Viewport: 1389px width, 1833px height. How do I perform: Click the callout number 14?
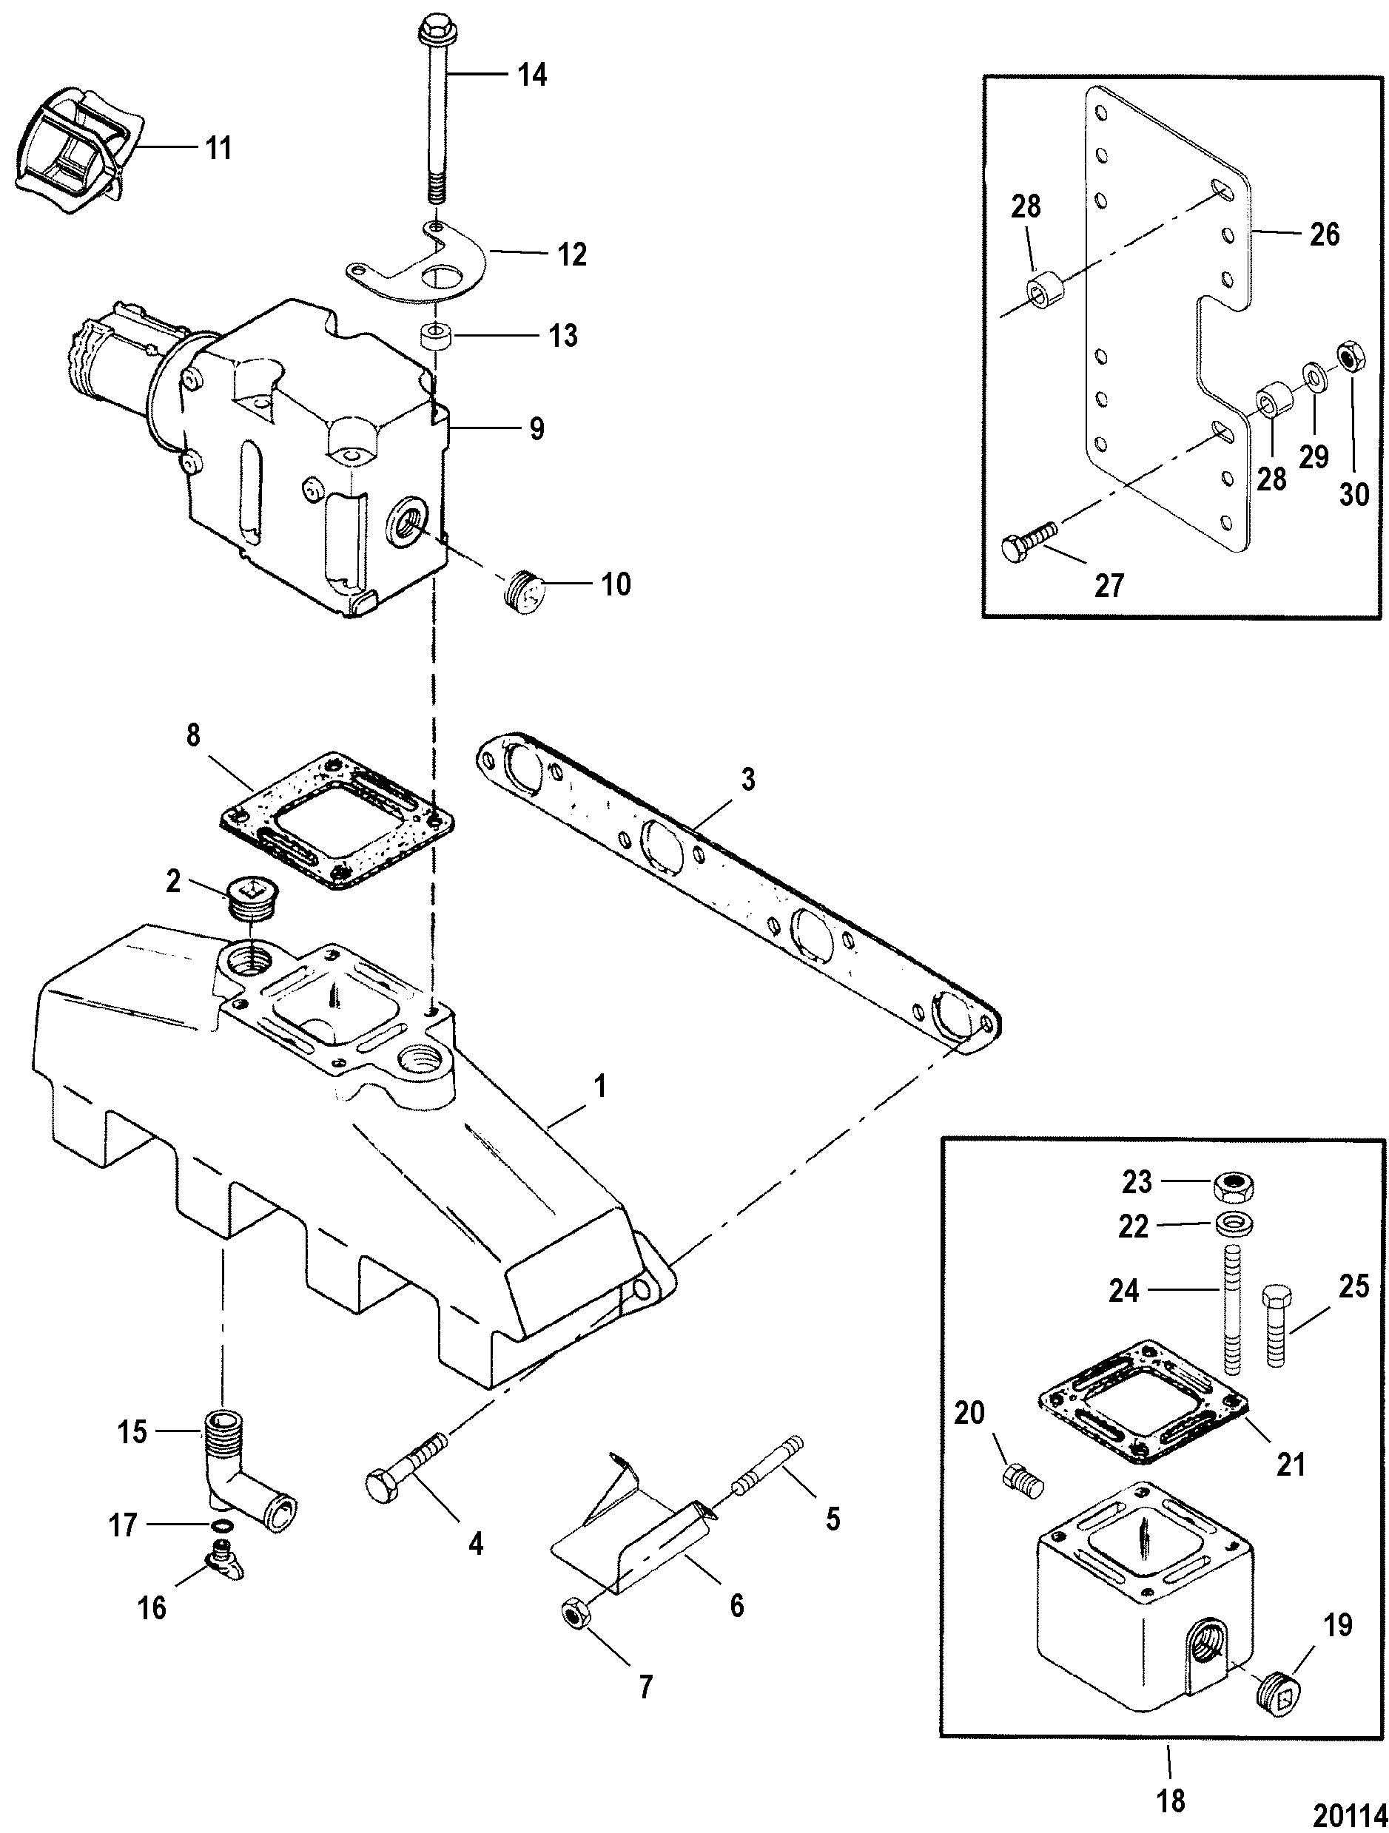point(532,75)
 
